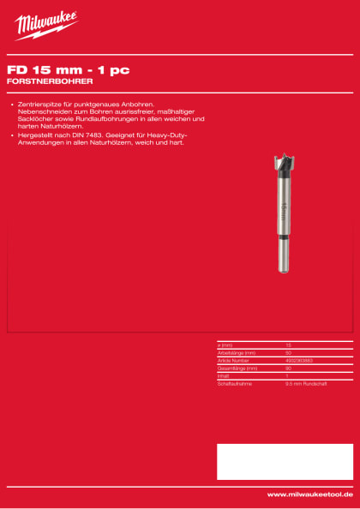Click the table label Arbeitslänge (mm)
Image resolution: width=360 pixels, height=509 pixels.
pyautogui.click(x=237, y=352)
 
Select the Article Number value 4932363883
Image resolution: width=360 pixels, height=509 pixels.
pyautogui.click(x=299, y=360)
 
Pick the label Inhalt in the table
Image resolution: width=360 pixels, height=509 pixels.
pyautogui.click(x=225, y=375)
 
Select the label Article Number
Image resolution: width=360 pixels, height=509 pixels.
pyautogui.click(x=234, y=360)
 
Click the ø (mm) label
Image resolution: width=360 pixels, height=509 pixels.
pyautogui.click(x=226, y=344)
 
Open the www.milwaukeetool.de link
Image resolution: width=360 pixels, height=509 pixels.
pyautogui.click(x=309, y=494)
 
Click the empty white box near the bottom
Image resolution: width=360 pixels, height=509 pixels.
pyautogui.click(x=284, y=461)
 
